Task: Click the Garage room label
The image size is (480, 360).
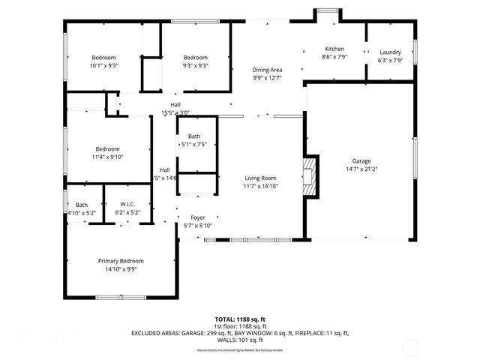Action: pos(361,160)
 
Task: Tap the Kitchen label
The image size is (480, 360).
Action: pos(334,49)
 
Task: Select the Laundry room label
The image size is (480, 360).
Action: pos(390,52)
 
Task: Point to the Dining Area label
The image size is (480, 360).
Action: pos(267,69)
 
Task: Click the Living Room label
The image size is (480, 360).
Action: pos(261,178)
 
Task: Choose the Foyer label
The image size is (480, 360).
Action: pos(197,217)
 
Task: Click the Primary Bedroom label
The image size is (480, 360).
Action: pos(121,261)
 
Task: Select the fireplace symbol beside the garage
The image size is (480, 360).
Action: pos(310,176)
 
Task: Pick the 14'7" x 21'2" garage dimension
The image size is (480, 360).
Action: pos(361,169)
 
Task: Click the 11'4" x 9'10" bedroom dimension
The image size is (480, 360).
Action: pos(107,157)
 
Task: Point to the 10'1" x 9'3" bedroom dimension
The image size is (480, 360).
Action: pos(104,66)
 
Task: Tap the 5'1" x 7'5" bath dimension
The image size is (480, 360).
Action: pos(194,144)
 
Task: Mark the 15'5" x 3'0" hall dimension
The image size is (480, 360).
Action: pos(175,113)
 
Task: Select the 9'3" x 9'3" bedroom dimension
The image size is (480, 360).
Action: pos(195,66)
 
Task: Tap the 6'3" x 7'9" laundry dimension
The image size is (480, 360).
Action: pos(390,60)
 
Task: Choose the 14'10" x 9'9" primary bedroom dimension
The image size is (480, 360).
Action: pos(121,269)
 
